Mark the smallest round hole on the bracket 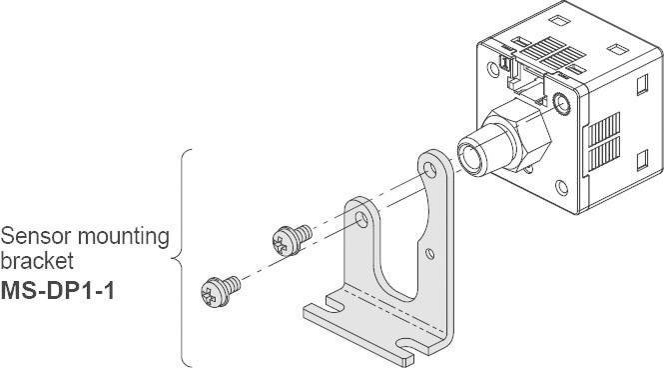(429, 252)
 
